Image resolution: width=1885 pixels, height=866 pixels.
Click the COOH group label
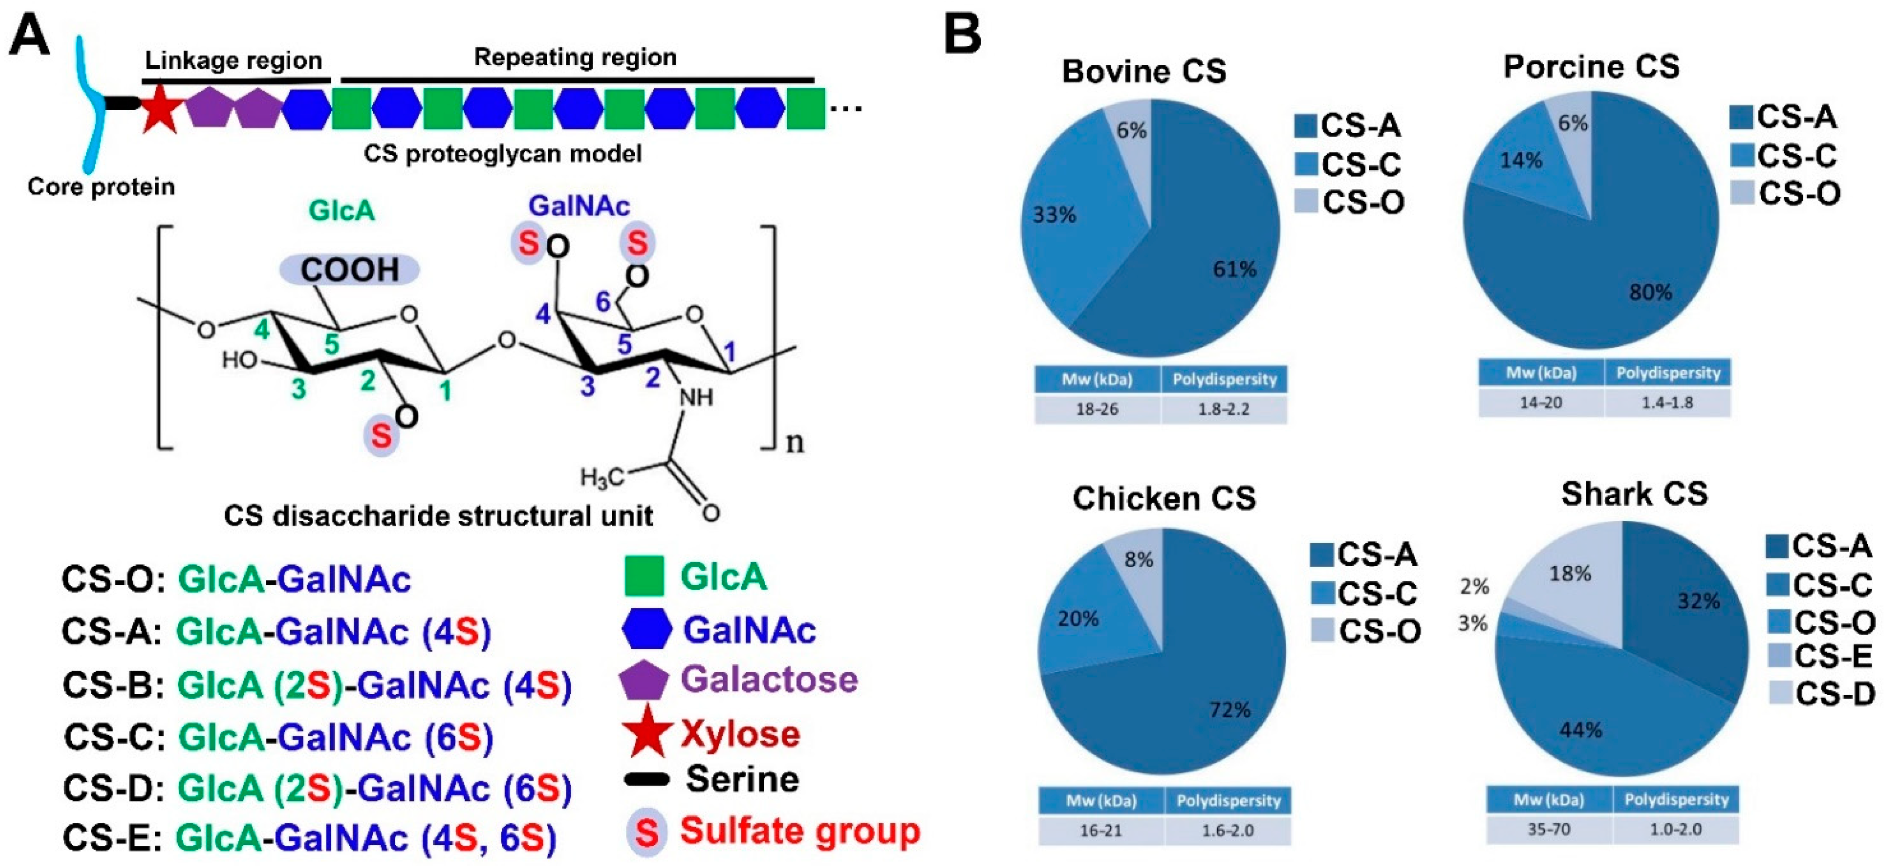[350, 270]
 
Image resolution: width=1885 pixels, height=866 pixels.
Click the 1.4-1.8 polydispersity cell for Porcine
[1667, 403]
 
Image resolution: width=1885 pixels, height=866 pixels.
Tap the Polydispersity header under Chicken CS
[1228, 801]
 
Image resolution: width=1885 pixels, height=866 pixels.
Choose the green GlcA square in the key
[644, 576]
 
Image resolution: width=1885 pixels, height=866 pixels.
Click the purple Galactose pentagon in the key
[643, 681]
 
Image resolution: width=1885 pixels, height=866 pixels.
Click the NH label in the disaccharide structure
[696, 397]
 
